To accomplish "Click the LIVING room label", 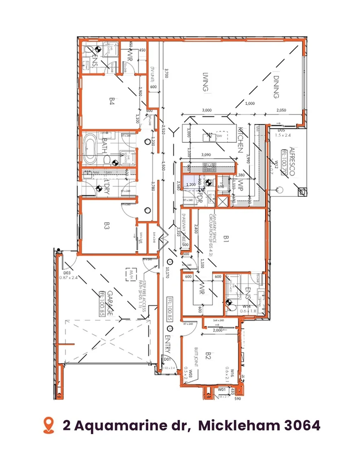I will point(205,82).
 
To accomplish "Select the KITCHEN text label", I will point(240,140).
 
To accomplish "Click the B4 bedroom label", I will point(112,101).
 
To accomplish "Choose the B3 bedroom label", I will point(107,226).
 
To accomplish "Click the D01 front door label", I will point(167,359).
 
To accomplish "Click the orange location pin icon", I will point(49,425).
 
